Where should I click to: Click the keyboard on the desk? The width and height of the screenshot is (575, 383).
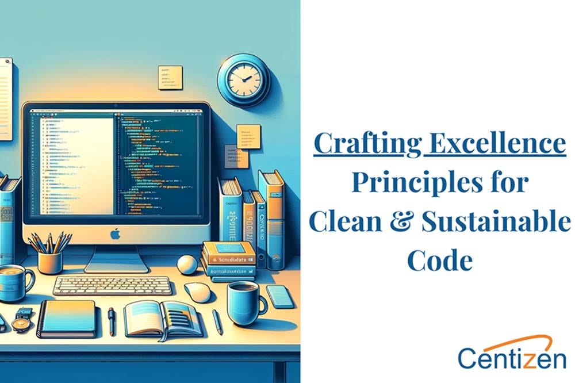(x=112, y=285)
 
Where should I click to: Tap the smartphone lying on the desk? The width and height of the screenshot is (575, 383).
(x=280, y=296)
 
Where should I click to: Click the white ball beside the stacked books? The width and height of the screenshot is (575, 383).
(x=187, y=265)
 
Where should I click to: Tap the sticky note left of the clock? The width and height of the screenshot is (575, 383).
(x=170, y=77)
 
